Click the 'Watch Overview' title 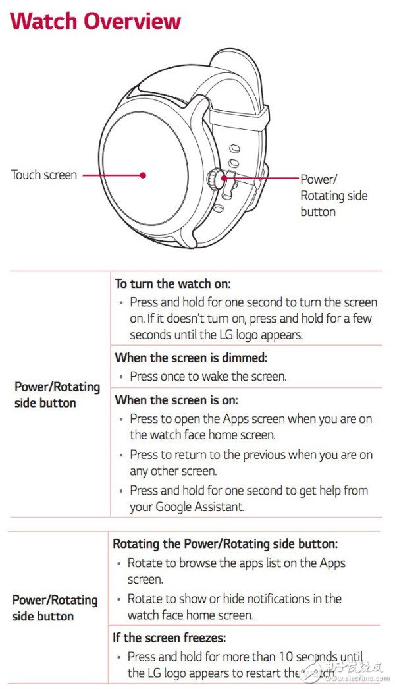[x=95, y=21]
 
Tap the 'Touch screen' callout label [x=44, y=175]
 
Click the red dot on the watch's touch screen [x=143, y=175]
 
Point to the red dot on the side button [x=224, y=178]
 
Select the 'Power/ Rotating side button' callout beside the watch [x=334, y=196]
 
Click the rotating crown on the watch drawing [x=213, y=178]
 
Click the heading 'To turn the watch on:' [x=172, y=283]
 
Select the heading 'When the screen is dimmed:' [x=191, y=358]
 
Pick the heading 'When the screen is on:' [x=176, y=400]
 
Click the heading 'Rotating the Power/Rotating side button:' [x=225, y=543]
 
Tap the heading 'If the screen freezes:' [x=170, y=637]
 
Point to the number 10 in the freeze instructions [x=286, y=657]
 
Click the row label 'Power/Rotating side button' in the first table [x=57, y=395]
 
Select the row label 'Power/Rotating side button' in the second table [x=55, y=608]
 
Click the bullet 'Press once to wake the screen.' [x=208, y=377]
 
